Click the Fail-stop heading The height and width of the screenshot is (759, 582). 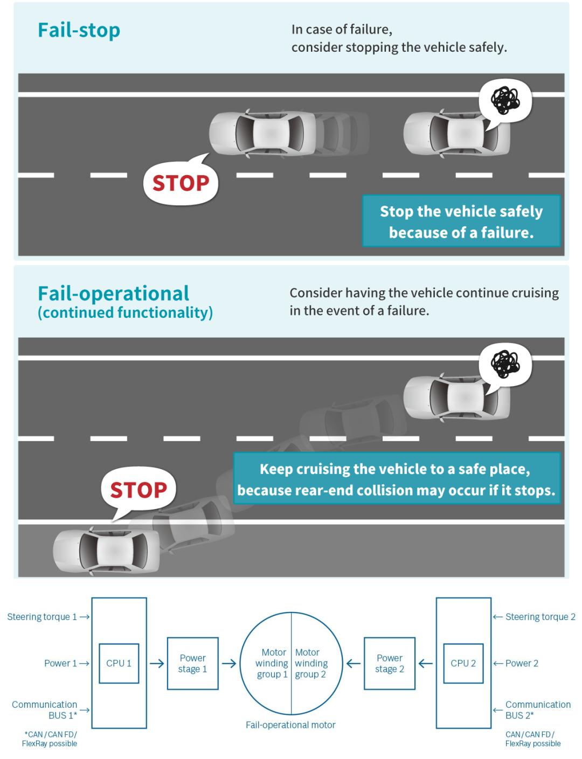pos(79,30)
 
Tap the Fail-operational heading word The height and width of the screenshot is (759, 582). pos(113,293)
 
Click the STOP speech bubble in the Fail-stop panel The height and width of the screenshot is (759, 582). pos(181,181)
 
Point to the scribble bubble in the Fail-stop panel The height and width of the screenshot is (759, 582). pos(505,103)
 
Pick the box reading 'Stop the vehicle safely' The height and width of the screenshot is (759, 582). pos(461,221)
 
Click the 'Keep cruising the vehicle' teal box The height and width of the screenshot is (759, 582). pos(397,478)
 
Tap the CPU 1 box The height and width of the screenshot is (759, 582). pos(119,663)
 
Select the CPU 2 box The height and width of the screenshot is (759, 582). pos(463,663)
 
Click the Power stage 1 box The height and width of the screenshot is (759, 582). pos(192,663)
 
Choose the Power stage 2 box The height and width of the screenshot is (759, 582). pos(390,663)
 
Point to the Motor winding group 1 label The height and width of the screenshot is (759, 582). pos(272,663)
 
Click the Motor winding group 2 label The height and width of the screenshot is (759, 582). pos(311,663)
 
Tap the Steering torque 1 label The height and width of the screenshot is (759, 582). pos(42,617)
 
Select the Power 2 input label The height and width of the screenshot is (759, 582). pos(522,663)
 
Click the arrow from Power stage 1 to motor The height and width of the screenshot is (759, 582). pos(229,663)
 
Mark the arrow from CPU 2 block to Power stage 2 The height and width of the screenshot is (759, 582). pos(425,663)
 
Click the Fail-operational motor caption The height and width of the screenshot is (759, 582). pos(290,725)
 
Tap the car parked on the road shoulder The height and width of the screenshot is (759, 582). pos(106,552)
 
